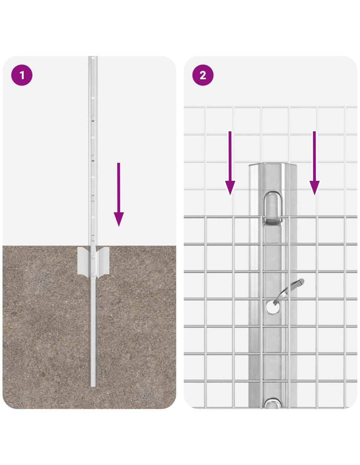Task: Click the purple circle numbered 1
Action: coord(22,75)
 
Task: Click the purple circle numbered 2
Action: coord(203,75)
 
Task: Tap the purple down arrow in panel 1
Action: coord(119,194)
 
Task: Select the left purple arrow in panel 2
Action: coord(230,163)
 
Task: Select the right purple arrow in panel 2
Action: coord(314,163)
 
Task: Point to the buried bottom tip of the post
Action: coord(93,387)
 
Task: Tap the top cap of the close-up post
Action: coord(273,165)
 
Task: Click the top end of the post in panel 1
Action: coord(93,57)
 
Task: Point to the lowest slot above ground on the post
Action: coord(93,237)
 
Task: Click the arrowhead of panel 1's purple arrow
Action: coord(119,218)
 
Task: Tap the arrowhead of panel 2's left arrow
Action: coord(230,187)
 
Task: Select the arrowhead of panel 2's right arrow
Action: coord(314,187)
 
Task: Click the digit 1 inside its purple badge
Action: coord(22,75)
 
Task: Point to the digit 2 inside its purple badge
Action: coord(203,75)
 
